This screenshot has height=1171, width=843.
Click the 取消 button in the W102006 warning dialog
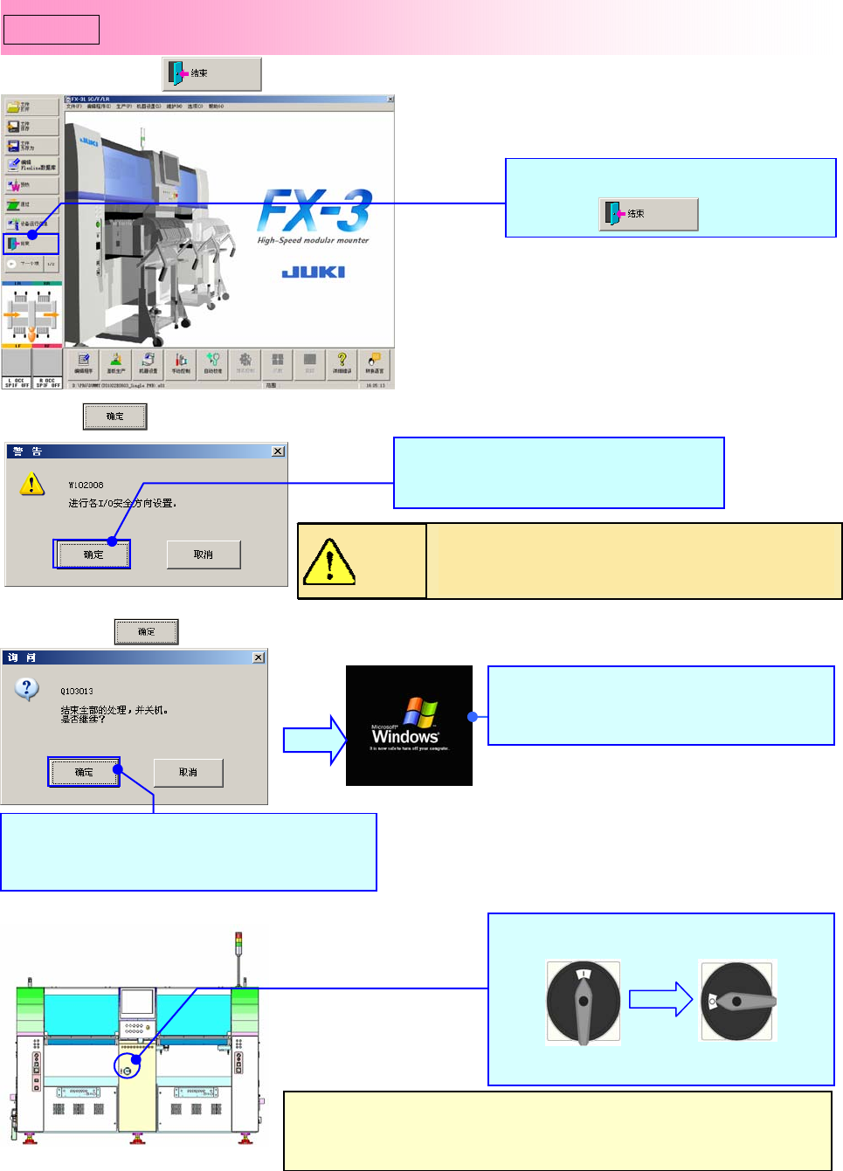click(x=204, y=555)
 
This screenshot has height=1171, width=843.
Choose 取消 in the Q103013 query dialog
click(x=188, y=772)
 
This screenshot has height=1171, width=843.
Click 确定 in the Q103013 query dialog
click(x=84, y=772)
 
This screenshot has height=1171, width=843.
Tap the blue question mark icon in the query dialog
click(x=27, y=689)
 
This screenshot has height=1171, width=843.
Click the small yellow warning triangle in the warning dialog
click(x=31, y=484)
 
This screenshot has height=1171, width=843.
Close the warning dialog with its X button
click(x=278, y=451)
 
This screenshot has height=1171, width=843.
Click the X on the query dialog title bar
click(x=259, y=658)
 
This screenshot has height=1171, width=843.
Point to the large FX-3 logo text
click(x=314, y=210)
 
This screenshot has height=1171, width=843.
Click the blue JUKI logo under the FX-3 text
click(x=313, y=272)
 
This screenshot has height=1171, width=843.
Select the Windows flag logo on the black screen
click(x=420, y=712)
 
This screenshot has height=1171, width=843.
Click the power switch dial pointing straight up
click(x=583, y=1002)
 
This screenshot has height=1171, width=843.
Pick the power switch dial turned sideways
click(x=737, y=1001)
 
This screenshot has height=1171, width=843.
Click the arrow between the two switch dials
click(x=660, y=999)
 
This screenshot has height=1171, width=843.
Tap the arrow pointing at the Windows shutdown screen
click(x=315, y=740)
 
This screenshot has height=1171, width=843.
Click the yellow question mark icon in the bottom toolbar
click(x=342, y=360)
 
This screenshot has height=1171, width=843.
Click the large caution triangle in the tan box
click(x=328, y=561)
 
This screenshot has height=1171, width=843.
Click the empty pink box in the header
click(x=52, y=30)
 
